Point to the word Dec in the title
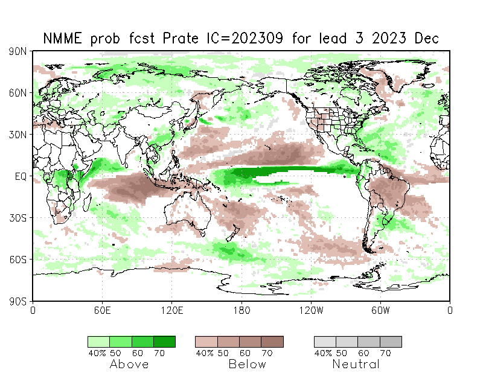click(x=426, y=39)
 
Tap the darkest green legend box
click(x=164, y=342)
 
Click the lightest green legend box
click(x=98, y=342)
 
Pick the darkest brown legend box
click(x=272, y=342)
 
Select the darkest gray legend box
click(x=391, y=342)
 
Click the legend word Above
click(x=129, y=364)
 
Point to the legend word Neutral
click(x=356, y=364)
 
